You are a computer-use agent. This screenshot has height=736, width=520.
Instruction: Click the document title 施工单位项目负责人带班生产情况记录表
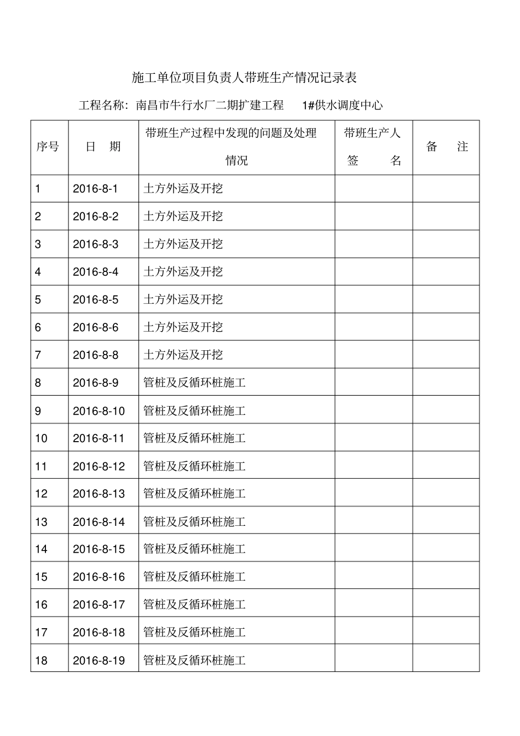coord(244,78)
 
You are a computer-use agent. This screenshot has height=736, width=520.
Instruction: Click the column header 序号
coord(48,147)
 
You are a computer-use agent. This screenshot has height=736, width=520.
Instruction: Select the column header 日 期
coord(103,147)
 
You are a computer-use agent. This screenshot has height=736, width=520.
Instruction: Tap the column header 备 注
coord(447,147)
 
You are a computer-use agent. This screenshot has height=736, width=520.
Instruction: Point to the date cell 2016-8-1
coord(95,189)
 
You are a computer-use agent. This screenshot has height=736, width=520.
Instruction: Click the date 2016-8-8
coord(95,355)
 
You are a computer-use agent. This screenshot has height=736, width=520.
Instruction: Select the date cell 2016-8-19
coord(99,660)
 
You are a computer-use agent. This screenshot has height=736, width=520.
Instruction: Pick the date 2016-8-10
coord(99,411)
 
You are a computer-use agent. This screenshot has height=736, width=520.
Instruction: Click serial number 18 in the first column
coord(41,660)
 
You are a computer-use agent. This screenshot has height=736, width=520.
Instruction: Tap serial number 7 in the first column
coord(38,355)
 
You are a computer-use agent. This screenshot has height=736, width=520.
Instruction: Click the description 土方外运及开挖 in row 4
coord(183,272)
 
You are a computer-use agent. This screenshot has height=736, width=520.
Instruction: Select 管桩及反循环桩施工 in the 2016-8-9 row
coord(194,383)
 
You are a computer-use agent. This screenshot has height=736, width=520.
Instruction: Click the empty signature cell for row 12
coord(373,494)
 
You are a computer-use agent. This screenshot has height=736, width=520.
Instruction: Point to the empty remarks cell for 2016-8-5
coord(446,300)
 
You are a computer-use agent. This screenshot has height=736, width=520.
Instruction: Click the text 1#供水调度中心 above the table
coord(342,105)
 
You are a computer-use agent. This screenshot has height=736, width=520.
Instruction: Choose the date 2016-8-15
coord(99,549)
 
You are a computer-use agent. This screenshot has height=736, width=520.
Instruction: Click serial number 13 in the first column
coord(41,522)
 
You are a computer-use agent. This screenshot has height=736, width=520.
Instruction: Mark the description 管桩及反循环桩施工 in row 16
coord(194,605)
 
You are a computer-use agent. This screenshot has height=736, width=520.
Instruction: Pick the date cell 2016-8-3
coord(95,244)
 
